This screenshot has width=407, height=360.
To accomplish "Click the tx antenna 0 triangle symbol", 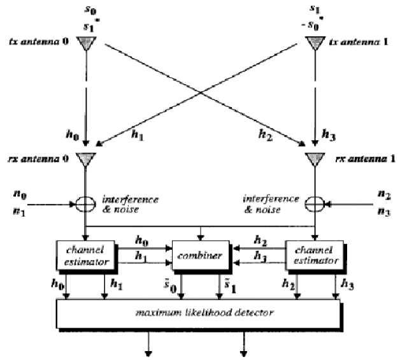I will [84, 43].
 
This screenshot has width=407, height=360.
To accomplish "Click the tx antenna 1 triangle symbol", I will [313, 43].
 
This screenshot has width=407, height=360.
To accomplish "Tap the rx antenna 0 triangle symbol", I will [84, 158].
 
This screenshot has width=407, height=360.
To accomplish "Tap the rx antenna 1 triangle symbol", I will [313, 158].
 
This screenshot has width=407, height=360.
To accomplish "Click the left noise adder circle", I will [85, 205].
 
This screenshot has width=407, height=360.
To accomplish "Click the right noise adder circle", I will [313, 205].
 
